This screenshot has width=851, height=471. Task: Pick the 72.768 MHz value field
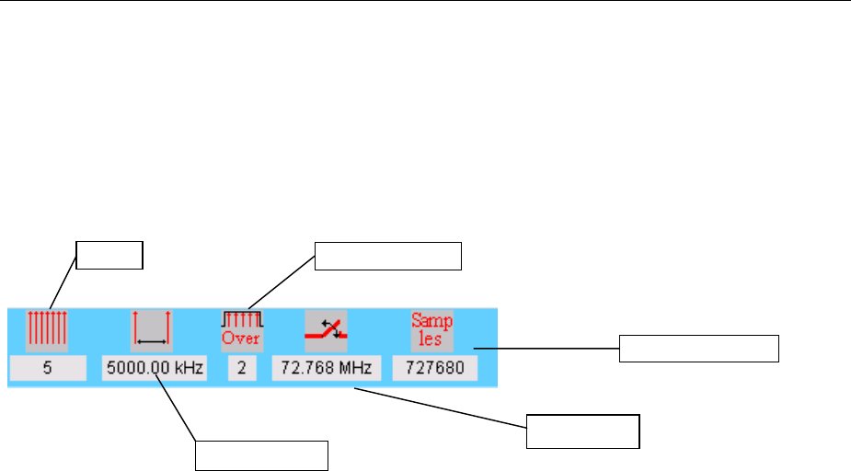pyautogui.click(x=327, y=370)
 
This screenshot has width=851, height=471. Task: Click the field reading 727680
pyautogui.click(x=435, y=370)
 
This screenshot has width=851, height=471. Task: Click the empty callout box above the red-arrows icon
pyautogui.click(x=109, y=255)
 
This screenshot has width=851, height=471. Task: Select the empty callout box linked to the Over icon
pyautogui.click(x=386, y=256)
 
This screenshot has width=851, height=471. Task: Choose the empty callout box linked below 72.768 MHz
pyautogui.click(x=582, y=431)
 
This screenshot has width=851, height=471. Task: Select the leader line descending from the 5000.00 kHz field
pyautogui.click(x=176, y=410)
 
